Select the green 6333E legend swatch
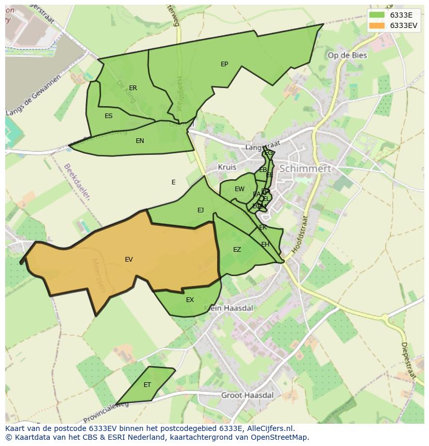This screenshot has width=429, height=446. point(377,15)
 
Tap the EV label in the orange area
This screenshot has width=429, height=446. point(128,260)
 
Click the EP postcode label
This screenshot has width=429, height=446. point(224,64)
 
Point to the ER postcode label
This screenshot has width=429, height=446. point(133,88)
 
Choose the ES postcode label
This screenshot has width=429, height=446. point(108,116)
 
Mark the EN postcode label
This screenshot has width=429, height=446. point(140,141)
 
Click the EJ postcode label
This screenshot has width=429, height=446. point(201,210)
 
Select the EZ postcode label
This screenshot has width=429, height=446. point(237,250)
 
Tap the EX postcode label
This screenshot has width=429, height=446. point(190,300)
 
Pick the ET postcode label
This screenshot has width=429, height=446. point(147,385)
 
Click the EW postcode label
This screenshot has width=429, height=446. point(239,189)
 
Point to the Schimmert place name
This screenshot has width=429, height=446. point(305,169)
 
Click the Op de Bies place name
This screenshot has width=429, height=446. point(347,55)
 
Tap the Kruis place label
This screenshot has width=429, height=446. point(227,167)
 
